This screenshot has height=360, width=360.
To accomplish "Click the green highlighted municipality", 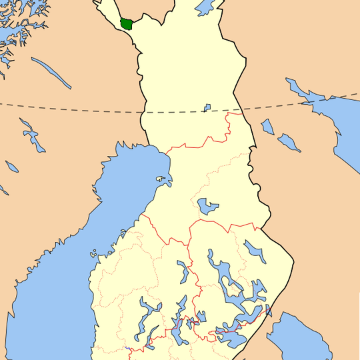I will tap(126, 23).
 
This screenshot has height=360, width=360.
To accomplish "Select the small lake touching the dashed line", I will tap(207, 107).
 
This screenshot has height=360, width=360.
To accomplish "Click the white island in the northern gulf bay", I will tap(160, 179).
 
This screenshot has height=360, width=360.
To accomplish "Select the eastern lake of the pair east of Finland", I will tap(289, 142).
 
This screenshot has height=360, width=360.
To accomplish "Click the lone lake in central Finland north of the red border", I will tap(207, 205).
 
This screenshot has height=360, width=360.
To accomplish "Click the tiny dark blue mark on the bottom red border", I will tap(127, 349).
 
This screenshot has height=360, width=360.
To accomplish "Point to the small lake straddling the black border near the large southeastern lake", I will tap(269, 310).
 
